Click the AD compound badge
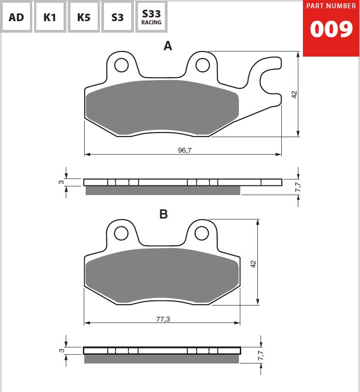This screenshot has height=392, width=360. tap(16, 17)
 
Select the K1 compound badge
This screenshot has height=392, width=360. tap(50, 17)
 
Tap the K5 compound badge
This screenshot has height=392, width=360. tap(84, 17)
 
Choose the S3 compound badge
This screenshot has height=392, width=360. tap(117, 17)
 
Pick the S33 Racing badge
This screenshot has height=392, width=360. tap(151, 17)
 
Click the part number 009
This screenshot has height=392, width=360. tap(331, 29)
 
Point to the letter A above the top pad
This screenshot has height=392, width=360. tap(168, 46)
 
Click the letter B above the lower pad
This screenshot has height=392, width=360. tap(163, 214)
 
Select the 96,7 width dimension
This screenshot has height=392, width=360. tap(185, 150)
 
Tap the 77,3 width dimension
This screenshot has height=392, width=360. tap(163, 319)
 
